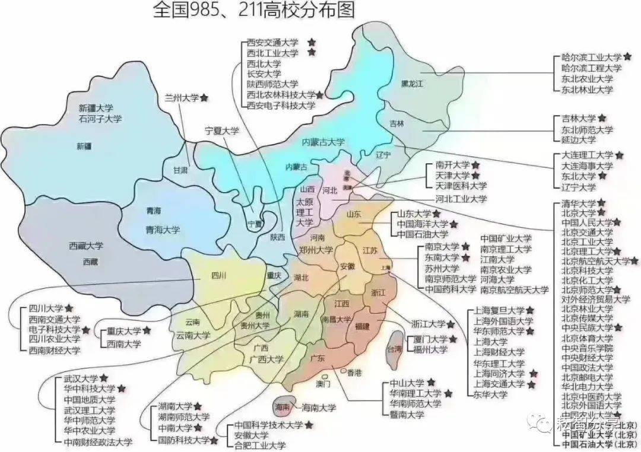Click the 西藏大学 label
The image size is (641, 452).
coord(85,246)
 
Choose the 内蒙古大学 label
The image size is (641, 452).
coord(323,142)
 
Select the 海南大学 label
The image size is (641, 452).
coord(319,408)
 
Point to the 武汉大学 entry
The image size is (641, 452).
coord(81,378)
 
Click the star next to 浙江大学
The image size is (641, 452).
coord(451,324)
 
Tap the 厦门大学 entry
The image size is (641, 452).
coord(427,339)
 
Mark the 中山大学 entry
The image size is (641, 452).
coord(407,383)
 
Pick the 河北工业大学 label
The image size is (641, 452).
coord(461,199)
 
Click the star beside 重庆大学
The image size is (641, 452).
coord(146,331)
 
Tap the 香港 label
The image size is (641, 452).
coord(354,373)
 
